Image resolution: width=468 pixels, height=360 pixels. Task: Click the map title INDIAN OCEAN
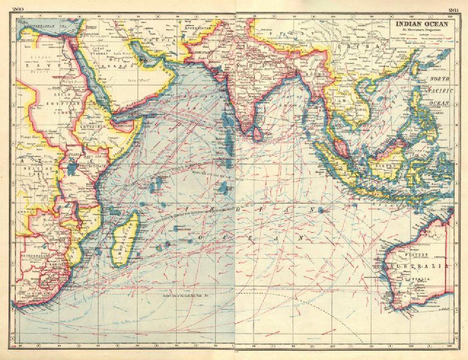(x=422, y=24)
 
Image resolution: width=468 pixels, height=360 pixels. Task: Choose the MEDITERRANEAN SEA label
(x=41, y=25)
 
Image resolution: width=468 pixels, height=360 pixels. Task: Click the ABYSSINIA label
(x=95, y=127)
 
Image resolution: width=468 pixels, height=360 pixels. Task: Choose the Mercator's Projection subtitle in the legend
(x=422, y=31)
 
